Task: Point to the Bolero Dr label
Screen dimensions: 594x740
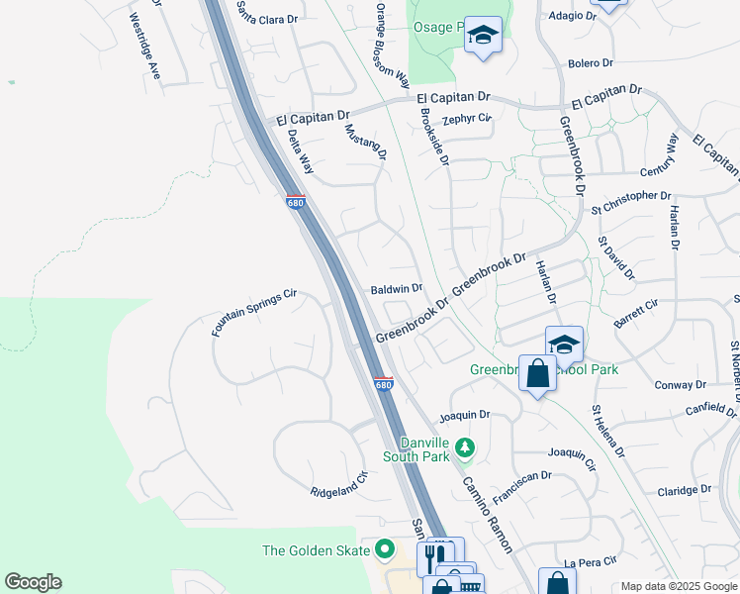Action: click(591, 63)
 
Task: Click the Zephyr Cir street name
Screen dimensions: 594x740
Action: click(467, 119)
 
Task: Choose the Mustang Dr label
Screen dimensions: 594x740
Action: click(365, 142)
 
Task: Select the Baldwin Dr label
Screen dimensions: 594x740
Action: click(397, 289)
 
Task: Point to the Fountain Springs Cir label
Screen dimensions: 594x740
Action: click(254, 313)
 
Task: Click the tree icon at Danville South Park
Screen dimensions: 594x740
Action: click(465, 451)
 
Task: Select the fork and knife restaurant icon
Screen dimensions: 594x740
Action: click(433, 555)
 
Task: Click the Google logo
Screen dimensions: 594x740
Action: click(33, 582)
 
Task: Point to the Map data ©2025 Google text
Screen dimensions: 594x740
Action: click(678, 586)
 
